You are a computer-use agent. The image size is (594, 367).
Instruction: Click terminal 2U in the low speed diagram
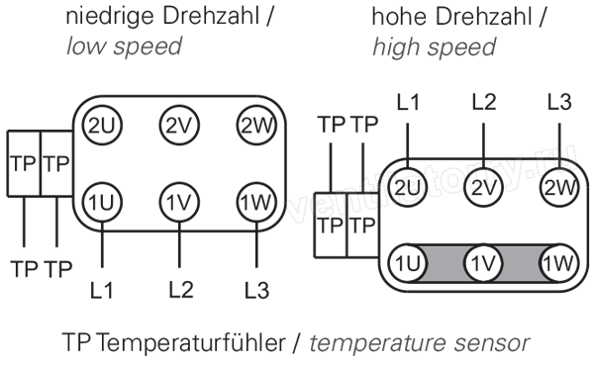102,126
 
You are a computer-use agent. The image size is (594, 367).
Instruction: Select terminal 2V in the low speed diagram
179,126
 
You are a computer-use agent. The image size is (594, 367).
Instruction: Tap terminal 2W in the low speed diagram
256,126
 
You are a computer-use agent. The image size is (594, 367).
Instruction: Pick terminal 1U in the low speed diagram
102,202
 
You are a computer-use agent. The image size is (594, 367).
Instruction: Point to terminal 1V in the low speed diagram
179,202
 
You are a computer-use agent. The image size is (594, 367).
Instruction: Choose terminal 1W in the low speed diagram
256,202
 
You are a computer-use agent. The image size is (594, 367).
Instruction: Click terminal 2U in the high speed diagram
408,187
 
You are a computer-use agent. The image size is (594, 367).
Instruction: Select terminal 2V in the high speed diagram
483,187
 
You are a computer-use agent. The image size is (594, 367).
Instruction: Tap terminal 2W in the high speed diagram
559,187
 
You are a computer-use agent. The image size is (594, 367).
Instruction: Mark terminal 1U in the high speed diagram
408,263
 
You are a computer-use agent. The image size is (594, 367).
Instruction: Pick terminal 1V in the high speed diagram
483,263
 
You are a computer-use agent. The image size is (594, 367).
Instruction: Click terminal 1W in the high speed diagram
559,263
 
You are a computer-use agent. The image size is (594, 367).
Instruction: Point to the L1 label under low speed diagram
102,290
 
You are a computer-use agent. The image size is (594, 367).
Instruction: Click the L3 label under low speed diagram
256,290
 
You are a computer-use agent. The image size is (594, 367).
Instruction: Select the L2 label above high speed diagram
484,102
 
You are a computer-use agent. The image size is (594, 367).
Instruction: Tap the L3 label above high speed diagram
559,102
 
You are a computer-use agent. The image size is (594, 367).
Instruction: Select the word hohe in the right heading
399,18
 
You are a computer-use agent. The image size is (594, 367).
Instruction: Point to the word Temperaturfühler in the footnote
191,343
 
